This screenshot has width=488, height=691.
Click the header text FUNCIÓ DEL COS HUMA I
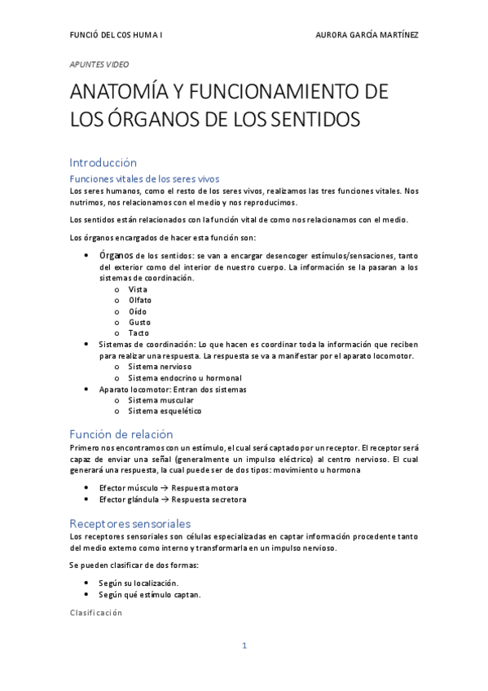tap(115, 36)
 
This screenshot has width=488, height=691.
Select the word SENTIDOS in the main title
tap(311, 121)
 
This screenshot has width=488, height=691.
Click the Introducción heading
tap(103, 162)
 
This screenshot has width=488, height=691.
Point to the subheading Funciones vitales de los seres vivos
tap(144, 178)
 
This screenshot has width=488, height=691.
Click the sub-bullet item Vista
tap(138, 289)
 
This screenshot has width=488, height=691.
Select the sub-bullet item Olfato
tap(140, 300)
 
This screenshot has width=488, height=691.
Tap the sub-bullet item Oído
tap(138, 311)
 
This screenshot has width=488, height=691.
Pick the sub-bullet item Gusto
tap(139, 322)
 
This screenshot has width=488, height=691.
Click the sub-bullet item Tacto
tap(138, 333)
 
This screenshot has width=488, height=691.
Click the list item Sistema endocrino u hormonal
tap(184, 378)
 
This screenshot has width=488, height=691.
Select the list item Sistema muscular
tap(160, 400)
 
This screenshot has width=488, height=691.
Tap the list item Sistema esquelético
tap(165, 412)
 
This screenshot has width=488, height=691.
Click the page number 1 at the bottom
tap(244, 646)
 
